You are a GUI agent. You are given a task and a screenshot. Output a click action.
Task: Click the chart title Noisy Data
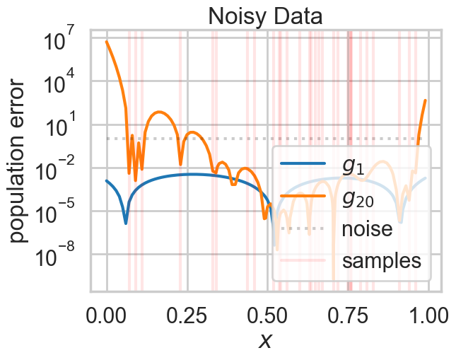coord(266,16)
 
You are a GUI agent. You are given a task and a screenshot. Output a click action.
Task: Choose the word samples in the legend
coord(382,260)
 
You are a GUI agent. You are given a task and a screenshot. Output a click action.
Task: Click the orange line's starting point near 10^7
coord(107,42)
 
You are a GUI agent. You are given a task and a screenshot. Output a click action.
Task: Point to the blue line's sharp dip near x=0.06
coord(126,223)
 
